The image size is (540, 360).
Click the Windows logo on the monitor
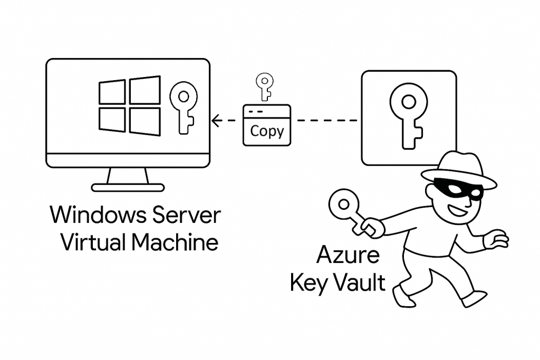coord(130,106)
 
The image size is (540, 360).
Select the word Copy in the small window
coord(267,131)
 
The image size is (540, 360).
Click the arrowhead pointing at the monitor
coord(215,121)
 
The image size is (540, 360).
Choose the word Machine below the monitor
coord(175,243)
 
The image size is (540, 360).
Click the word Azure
coord(348,256)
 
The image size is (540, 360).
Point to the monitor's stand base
coord(128,187)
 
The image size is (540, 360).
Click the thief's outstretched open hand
coord(496,240)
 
